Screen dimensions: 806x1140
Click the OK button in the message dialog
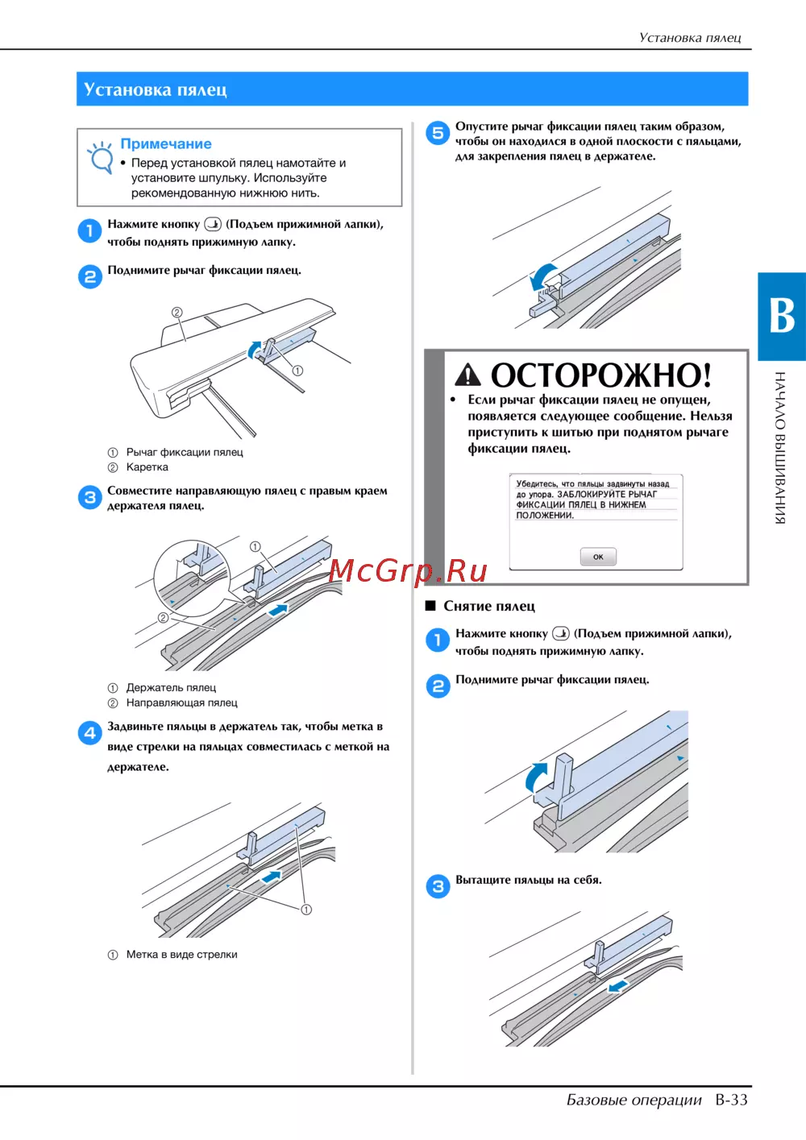598,556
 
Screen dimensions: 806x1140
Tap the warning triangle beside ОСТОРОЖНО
467,375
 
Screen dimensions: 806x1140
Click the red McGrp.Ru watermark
408,571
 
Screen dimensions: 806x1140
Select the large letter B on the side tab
782,316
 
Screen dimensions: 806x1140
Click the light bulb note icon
100,158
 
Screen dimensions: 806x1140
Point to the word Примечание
166,143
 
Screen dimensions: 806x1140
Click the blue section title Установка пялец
156,89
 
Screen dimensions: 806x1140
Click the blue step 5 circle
438,134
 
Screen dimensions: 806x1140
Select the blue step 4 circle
90,733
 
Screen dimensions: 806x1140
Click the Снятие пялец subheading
488,606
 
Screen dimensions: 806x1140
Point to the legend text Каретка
147,467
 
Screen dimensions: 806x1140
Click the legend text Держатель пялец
171,687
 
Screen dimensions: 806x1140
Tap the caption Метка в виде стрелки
182,954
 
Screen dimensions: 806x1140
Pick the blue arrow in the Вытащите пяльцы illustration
617,986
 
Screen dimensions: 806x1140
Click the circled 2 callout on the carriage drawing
177,312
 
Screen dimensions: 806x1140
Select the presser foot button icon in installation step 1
213,224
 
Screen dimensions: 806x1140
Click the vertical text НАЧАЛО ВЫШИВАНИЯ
779,447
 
